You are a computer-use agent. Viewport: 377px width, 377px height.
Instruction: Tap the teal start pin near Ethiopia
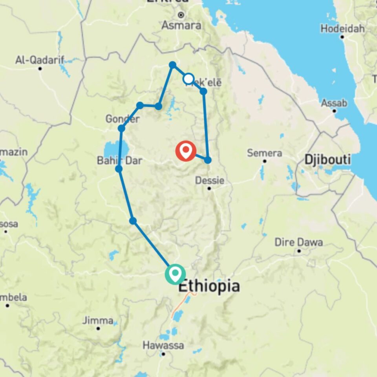click(x=175, y=274)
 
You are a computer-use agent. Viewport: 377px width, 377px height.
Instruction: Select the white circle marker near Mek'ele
click(x=188, y=79)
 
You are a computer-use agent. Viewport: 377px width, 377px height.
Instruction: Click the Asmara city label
click(x=181, y=26)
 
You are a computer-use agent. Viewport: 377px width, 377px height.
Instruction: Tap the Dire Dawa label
click(x=298, y=242)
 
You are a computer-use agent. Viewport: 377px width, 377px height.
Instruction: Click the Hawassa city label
click(x=163, y=346)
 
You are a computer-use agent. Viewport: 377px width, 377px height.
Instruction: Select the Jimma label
click(x=98, y=320)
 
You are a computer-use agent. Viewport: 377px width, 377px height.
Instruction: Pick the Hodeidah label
click(x=342, y=29)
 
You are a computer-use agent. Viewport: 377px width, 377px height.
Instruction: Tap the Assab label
click(x=334, y=103)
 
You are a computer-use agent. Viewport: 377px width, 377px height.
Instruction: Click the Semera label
click(x=264, y=153)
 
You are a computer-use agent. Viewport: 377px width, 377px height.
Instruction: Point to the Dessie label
click(x=210, y=181)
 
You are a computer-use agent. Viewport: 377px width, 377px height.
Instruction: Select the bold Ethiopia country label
click(x=209, y=286)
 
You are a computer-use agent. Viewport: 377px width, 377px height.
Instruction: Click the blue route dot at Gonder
click(x=121, y=128)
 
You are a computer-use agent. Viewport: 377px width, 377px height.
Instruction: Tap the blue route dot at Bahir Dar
click(x=119, y=169)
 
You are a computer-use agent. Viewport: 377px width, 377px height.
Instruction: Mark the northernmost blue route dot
click(x=172, y=64)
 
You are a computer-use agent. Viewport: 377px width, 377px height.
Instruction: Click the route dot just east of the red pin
click(x=208, y=160)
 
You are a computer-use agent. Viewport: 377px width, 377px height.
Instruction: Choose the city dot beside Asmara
click(x=181, y=15)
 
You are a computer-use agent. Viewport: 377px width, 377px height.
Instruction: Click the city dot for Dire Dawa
click(x=299, y=251)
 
